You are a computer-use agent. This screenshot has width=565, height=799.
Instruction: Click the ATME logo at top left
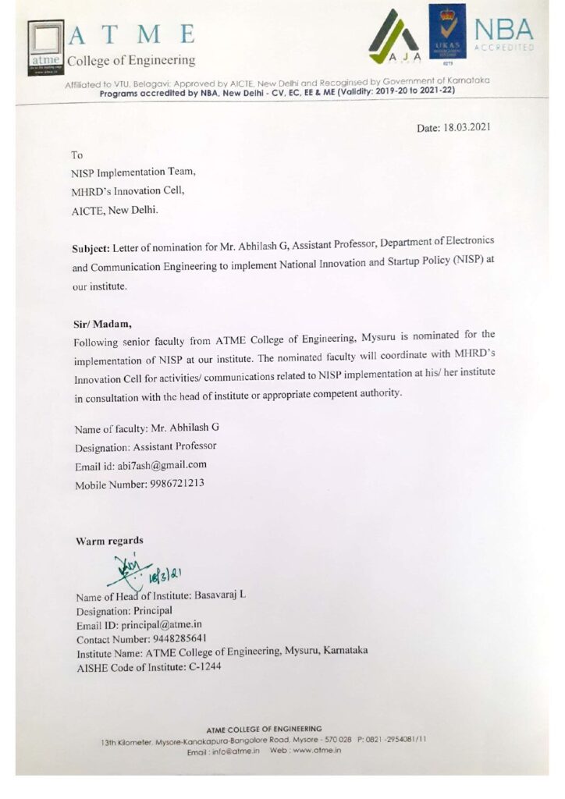point(44,45)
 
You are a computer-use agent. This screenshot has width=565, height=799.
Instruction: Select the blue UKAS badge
point(447,32)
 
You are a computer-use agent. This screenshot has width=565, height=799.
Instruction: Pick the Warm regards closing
point(109,541)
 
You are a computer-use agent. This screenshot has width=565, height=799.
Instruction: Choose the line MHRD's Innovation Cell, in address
point(128,190)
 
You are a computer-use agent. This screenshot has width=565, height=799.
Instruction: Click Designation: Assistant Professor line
point(145,446)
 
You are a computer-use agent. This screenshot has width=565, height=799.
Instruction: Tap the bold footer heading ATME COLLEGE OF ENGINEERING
point(264,728)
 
